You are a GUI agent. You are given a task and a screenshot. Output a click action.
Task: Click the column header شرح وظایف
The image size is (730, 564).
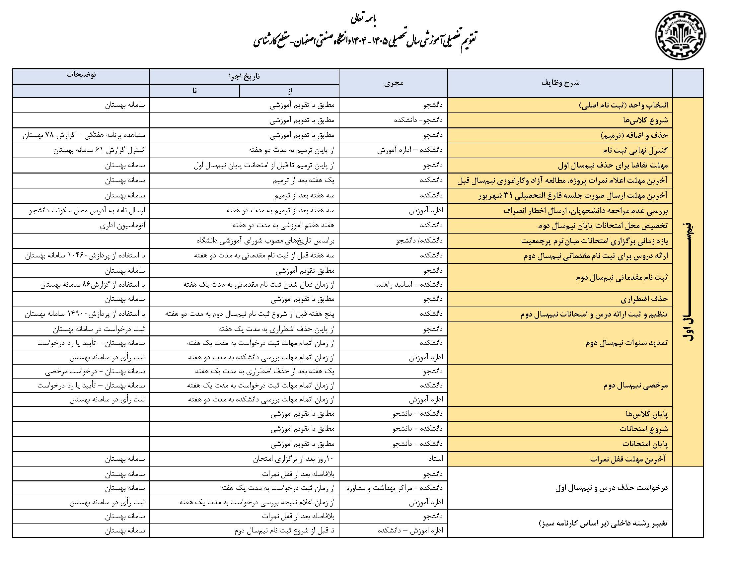pos(560,83)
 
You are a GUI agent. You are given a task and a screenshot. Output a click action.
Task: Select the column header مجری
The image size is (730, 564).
pos(394,83)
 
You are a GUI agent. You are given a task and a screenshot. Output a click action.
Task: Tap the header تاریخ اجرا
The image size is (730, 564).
pos(244,77)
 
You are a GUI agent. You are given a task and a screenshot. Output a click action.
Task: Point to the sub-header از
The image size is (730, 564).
pos(289,91)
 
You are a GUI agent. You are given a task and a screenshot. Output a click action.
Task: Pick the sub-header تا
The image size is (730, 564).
pos(194,91)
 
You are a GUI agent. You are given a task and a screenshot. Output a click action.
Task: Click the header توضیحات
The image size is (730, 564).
pos(81,75)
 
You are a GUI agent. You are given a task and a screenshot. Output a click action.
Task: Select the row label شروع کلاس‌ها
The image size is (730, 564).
pos(645,120)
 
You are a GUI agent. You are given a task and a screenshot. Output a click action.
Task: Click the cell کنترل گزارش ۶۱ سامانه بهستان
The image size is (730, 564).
pos(99,150)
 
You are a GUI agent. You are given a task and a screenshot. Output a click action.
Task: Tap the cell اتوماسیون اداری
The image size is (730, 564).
pos(122,226)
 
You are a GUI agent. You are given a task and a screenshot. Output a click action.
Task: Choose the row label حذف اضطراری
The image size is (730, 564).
pos(644,299)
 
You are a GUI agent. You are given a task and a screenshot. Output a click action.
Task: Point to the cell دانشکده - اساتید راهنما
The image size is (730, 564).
pos(408,285)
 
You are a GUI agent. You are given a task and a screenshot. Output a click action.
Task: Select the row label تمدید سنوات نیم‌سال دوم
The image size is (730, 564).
pos(626,343)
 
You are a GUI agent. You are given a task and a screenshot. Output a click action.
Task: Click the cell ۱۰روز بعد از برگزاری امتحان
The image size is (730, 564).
pos(293,459)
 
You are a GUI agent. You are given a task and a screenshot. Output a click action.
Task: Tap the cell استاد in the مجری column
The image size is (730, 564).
pos(435,459)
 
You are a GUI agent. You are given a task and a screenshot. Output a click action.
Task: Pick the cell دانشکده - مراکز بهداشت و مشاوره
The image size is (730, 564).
pos(394,488)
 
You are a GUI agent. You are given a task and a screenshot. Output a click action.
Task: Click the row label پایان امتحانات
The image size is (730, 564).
pos(645,444)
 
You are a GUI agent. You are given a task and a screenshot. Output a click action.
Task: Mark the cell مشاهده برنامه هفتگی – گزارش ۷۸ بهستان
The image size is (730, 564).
pos(84,135)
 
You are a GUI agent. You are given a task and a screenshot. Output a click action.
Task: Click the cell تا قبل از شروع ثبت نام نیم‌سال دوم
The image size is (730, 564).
pos(284,530)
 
